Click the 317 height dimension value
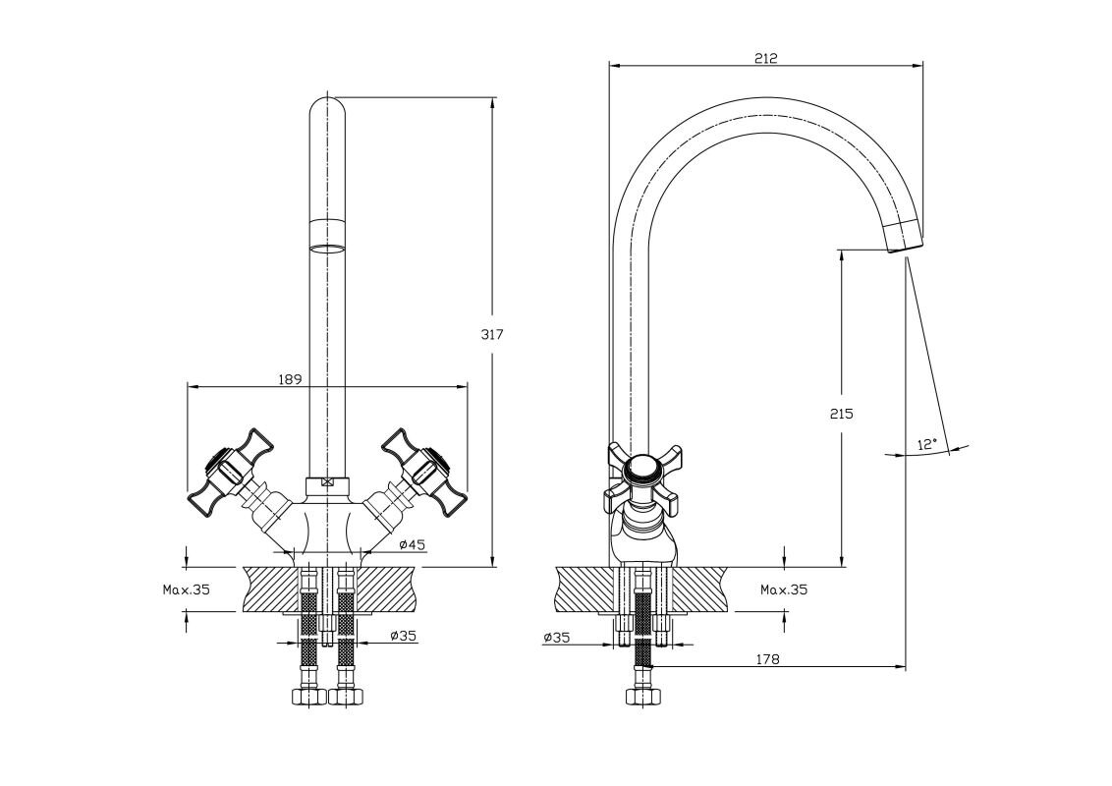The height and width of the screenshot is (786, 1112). coord(492,334)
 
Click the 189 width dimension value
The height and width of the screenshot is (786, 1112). coord(289,378)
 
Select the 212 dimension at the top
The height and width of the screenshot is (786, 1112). coord(766,58)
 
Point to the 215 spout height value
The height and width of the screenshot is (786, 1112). coord(840,413)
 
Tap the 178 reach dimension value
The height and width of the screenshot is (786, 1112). coord(768,659)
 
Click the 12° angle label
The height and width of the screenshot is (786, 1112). coord(926,444)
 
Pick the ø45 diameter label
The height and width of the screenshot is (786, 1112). coord(412,545)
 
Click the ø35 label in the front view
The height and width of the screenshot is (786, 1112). coord(403,636)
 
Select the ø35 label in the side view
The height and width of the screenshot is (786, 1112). coord(556,638)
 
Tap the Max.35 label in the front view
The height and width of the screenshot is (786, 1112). coord(187,590)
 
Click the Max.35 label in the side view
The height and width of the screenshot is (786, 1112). coord(783,590)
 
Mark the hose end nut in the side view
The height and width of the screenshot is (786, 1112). coord(642,697)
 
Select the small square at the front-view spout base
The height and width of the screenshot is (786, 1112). coord(328,483)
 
